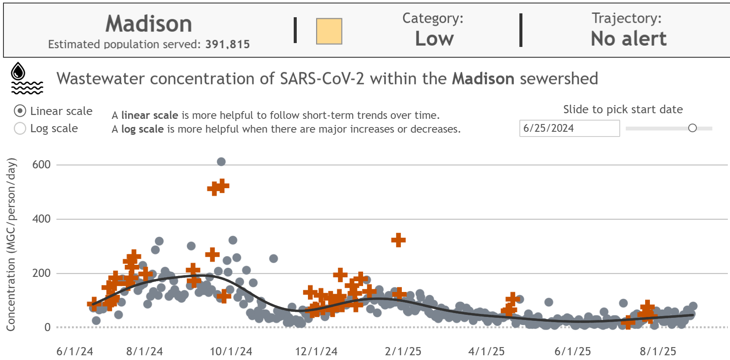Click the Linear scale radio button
pos(20,111)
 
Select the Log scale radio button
pos(20,128)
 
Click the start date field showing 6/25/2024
pos(569,128)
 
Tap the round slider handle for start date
pos(692,128)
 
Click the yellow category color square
pos(329,31)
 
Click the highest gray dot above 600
pos(221,162)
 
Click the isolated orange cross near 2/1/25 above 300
pos(398,240)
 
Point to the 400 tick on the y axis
pos(41,219)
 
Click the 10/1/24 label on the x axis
pos(231,351)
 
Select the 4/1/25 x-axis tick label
pos(486,351)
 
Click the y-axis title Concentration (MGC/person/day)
pos(11,244)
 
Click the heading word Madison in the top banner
pos(149,24)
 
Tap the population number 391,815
pos(227,44)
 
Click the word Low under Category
pos(434,39)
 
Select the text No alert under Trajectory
pos(628,39)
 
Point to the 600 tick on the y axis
pos(41,164)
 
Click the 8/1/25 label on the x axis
pos(658,351)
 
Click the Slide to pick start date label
pos(623,109)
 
